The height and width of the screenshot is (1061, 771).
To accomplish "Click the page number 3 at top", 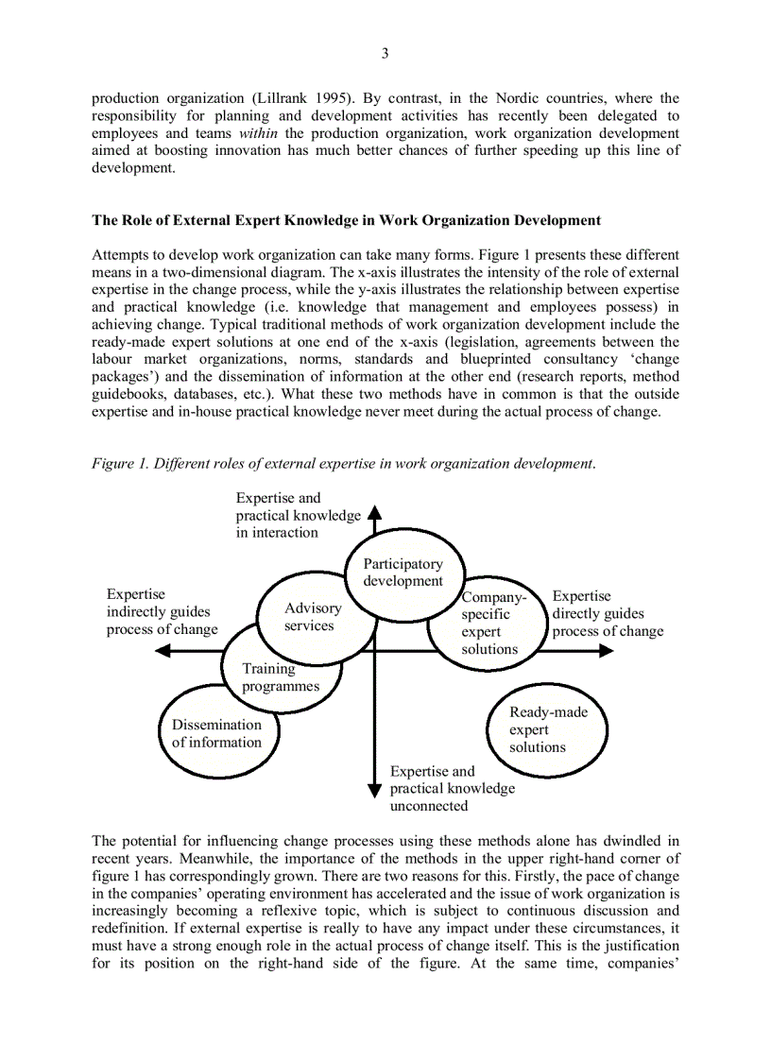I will (x=385, y=53).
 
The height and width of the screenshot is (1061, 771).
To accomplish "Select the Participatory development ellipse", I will (x=403, y=573).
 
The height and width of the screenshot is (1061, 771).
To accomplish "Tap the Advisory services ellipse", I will (x=312, y=617).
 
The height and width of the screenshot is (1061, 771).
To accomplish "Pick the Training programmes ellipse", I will (x=280, y=677).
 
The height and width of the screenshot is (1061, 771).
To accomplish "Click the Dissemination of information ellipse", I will (x=217, y=733).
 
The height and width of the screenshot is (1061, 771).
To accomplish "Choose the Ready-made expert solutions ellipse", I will (x=546, y=729).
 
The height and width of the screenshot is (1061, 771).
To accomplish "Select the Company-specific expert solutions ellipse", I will (x=488, y=624).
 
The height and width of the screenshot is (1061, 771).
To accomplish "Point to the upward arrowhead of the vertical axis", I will (x=374, y=513).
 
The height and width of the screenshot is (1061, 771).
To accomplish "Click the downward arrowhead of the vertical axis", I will (x=374, y=790).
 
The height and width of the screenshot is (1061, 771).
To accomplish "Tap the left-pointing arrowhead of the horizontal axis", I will (x=163, y=651).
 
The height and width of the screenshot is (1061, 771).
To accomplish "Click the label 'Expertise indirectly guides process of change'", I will (x=161, y=612).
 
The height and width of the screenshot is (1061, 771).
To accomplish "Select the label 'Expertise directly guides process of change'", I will (x=607, y=612).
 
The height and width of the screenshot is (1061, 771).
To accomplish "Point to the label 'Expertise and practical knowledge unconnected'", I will (x=452, y=788).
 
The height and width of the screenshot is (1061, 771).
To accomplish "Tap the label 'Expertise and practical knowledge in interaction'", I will (x=297, y=515).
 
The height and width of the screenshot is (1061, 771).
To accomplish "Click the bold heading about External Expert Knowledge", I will (x=346, y=220).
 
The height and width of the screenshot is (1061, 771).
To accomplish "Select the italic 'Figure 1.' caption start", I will (x=119, y=463).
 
